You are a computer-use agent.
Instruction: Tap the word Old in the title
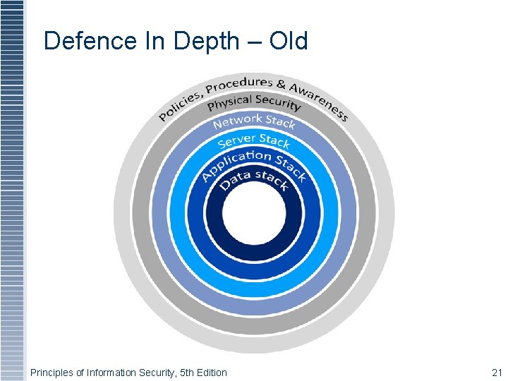[288, 41]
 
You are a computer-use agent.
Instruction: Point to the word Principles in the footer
[51, 372]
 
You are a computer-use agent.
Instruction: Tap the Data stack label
[253, 181]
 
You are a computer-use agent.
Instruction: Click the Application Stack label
[253, 164]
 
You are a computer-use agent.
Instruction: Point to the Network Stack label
[254, 121]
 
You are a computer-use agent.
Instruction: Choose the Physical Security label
[254, 103]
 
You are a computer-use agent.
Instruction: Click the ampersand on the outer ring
[282, 83]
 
